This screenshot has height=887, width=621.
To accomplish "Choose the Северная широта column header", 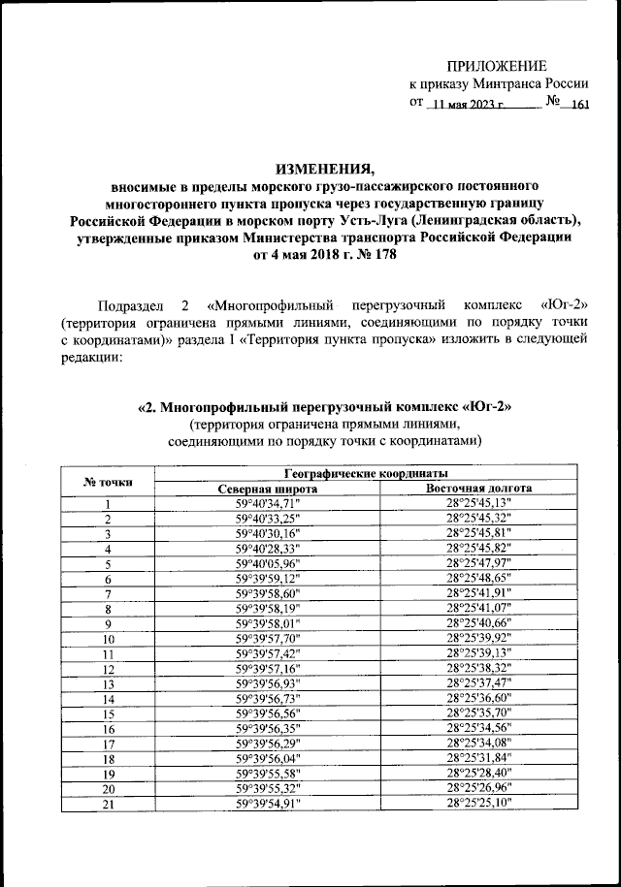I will click(x=269, y=490).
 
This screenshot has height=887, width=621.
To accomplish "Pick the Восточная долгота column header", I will click(x=478, y=490).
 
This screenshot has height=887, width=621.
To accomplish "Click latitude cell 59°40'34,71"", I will click(x=269, y=504).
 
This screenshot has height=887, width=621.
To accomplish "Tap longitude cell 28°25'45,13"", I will click(x=478, y=504).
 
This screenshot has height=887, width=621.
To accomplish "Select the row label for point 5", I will click(x=109, y=563).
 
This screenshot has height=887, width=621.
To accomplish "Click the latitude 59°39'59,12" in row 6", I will click(x=269, y=578).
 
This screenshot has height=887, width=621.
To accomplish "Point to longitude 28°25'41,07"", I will click(x=478, y=608).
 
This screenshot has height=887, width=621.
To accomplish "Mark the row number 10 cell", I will click(x=109, y=639).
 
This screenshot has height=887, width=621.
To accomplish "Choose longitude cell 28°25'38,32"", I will click(x=478, y=668).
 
